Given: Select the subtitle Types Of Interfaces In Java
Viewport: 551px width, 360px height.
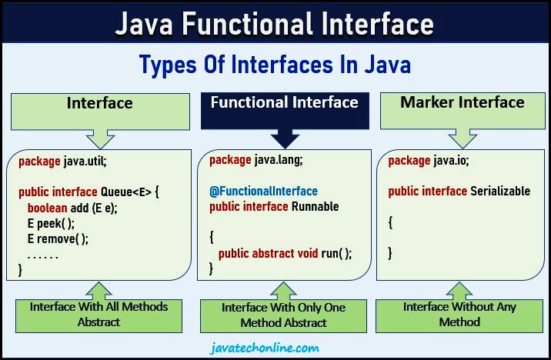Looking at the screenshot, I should pos(275,64).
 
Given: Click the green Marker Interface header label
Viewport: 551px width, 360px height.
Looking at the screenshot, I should pos(462,103).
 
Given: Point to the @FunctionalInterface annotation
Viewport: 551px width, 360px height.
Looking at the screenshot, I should pos(263,191).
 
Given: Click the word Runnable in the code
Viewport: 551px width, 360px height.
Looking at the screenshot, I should pos(313,207).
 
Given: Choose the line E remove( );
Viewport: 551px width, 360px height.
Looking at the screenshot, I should pos(57,238).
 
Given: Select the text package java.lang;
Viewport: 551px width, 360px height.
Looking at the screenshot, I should pos(255,160).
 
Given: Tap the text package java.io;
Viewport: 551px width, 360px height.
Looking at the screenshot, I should pos(429,160).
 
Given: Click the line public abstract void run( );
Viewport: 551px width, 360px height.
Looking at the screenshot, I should pos(285,254).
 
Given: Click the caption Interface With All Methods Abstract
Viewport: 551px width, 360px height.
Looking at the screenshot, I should pos(99,314).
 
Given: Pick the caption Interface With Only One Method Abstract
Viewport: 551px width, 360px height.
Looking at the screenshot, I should pos(284,315).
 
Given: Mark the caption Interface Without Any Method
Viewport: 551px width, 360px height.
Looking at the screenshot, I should pos(459,314).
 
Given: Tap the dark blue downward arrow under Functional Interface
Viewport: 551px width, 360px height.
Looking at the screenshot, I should pos(285,138).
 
